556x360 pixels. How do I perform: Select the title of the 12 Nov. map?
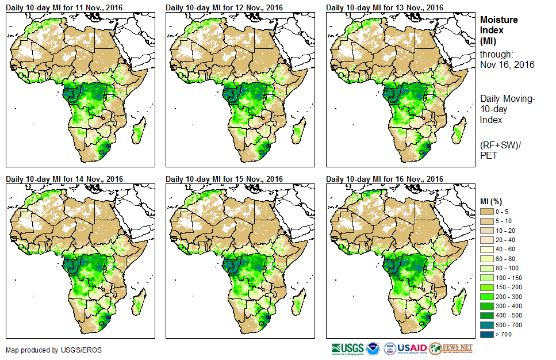(x=224, y=7)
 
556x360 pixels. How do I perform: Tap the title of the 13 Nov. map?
(x=385, y=7)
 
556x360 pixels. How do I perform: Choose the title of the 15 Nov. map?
(x=224, y=179)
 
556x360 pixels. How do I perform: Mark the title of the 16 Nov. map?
(x=385, y=179)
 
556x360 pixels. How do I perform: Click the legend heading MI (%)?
(x=492, y=201)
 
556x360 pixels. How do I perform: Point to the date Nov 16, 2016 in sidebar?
(x=507, y=64)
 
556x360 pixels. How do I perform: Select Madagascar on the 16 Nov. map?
(x=458, y=304)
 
